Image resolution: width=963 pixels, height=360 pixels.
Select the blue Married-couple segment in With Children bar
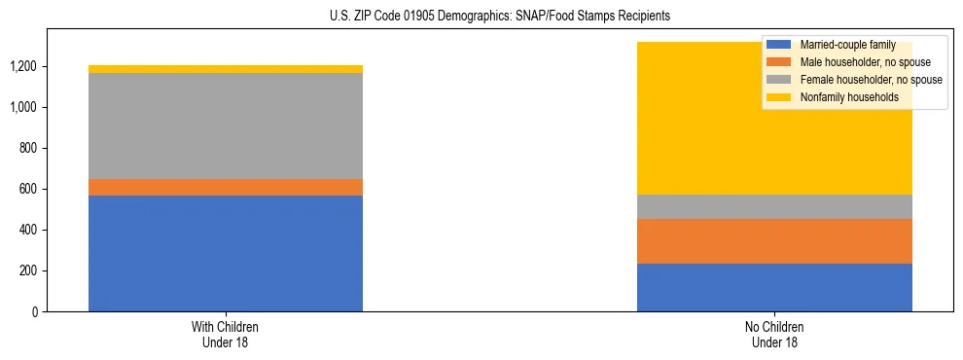pyautogui.click(x=226, y=253)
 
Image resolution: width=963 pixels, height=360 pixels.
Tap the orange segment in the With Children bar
pyautogui.click(x=226, y=187)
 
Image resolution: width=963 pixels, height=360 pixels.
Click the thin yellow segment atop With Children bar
pyautogui.click(x=226, y=69)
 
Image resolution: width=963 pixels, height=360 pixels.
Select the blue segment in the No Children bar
pyautogui.click(x=774, y=287)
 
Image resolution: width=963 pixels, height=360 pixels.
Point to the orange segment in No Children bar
pyautogui.click(x=774, y=241)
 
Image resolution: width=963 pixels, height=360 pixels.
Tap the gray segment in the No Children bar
pyautogui.click(x=774, y=206)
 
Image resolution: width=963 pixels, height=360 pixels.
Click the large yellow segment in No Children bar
pyautogui.click(x=681, y=126)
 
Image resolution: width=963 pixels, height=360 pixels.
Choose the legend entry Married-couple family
pyautogui.click(x=842, y=45)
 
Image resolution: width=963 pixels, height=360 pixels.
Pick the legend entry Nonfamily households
pyautogui.click(x=842, y=97)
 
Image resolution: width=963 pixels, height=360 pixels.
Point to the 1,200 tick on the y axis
pyautogui.click(x=24, y=66)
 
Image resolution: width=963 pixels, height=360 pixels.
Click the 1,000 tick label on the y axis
pyautogui.click(x=24, y=107)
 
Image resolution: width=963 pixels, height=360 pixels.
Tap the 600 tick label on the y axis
pyautogui.click(x=29, y=189)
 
